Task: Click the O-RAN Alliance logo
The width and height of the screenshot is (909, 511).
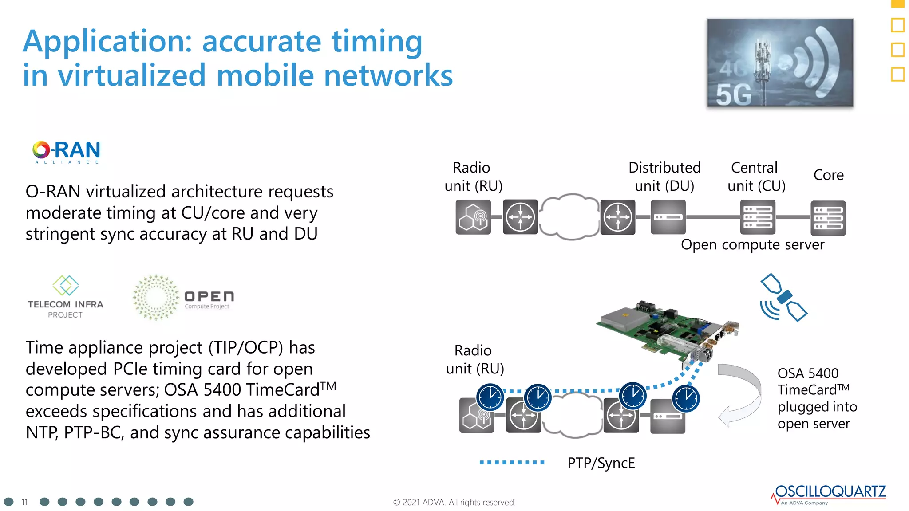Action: click(x=67, y=152)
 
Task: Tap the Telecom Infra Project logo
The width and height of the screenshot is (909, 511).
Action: click(x=65, y=297)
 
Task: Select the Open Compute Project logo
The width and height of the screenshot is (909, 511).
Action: click(x=183, y=298)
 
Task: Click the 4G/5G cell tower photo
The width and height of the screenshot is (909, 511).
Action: click(x=780, y=63)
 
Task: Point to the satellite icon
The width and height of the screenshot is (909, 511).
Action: click(x=783, y=297)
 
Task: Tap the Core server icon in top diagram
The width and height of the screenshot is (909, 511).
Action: click(x=828, y=218)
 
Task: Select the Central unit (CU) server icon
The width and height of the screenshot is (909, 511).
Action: click(x=758, y=217)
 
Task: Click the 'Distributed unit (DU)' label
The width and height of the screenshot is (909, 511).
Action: click(x=664, y=176)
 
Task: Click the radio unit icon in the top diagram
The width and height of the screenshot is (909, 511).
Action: click(x=473, y=217)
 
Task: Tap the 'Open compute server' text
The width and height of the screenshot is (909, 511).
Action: click(x=752, y=244)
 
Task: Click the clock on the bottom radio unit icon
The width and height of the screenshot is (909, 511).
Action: click(x=490, y=397)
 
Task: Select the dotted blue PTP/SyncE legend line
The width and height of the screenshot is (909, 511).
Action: click(x=512, y=462)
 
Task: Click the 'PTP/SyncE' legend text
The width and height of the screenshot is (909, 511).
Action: click(x=601, y=463)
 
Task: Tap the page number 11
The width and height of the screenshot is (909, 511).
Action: click(x=24, y=502)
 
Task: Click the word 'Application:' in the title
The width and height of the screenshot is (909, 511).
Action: click(x=107, y=42)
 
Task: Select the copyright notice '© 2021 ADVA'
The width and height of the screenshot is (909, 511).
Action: click(x=454, y=502)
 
